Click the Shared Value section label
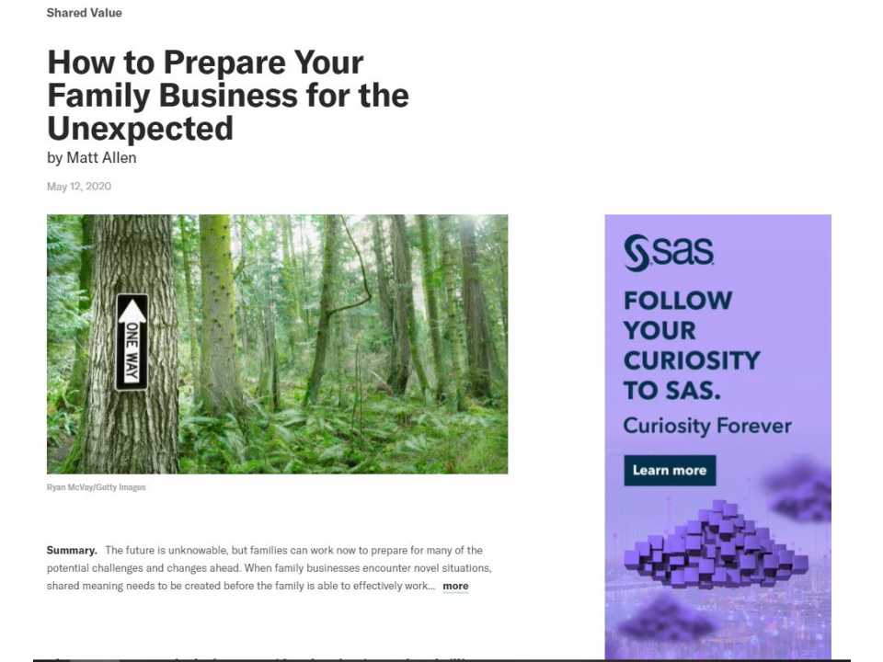(x=84, y=13)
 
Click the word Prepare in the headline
(x=212, y=63)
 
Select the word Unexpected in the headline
(x=140, y=128)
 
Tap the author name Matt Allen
(x=101, y=157)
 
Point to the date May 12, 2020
(x=79, y=187)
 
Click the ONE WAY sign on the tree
(x=132, y=343)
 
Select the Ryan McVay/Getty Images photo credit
(x=97, y=487)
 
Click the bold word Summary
(x=72, y=550)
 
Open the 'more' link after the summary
(x=455, y=586)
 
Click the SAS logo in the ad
(x=669, y=253)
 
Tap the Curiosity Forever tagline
(x=707, y=426)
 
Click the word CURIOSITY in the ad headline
(x=692, y=360)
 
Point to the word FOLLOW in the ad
(x=678, y=301)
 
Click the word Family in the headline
(x=98, y=96)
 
